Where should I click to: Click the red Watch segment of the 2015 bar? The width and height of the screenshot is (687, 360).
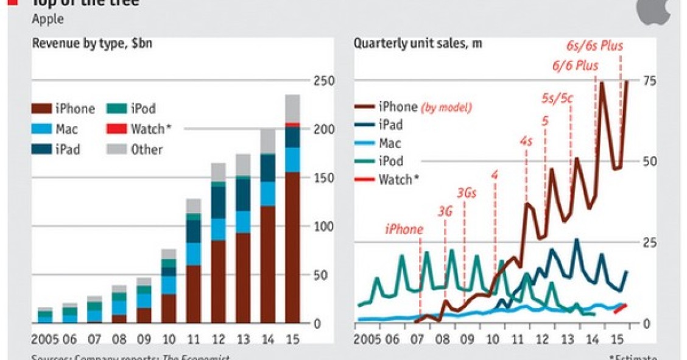pyautogui.click(x=293, y=124)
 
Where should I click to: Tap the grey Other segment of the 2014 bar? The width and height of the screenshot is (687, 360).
pyautogui.click(x=268, y=141)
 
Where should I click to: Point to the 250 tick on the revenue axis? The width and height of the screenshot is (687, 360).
pyautogui.click(x=320, y=80)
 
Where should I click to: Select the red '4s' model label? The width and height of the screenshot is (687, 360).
pyautogui.click(x=526, y=141)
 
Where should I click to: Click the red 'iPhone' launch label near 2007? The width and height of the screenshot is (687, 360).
pyautogui.click(x=403, y=230)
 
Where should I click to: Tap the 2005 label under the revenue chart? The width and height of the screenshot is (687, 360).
pyautogui.click(x=45, y=339)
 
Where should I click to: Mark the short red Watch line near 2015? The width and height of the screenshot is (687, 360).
pyautogui.click(x=620, y=308)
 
